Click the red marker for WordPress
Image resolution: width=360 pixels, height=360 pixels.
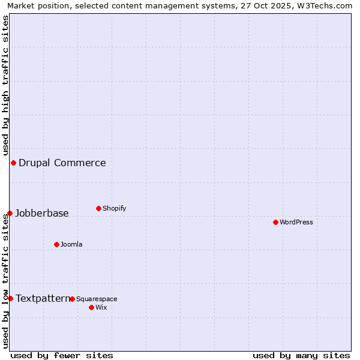(x=275, y=222)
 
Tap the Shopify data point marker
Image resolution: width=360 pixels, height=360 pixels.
(x=98, y=208)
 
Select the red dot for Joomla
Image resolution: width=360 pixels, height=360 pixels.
(x=56, y=244)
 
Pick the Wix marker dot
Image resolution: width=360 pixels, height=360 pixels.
(x=91, y=307)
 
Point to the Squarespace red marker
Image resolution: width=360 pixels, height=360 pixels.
(x=72, y=299)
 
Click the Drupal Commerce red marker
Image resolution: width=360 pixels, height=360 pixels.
(x=13, y=163)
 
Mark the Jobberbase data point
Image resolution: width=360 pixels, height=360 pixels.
(x=10, y=213)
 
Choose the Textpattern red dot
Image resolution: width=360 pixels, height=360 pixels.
(x=10, y=298)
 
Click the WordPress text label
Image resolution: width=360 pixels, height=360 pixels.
(x=296, y=222)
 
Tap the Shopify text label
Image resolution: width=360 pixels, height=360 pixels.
(x=115, y=208)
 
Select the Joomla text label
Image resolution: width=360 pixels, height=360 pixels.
(x=71, y=244)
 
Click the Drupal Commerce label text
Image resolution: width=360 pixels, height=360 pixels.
(x=62, y=163)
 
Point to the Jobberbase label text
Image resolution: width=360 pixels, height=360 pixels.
(x=42, y=213)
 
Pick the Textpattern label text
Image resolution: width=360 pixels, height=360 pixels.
(x=43, y=298)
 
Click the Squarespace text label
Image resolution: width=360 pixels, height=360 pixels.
(x=97, y=299)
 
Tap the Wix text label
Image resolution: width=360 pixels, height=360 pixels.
(x=101, y=307)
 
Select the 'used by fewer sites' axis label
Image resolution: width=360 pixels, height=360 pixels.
(x=62, y=355)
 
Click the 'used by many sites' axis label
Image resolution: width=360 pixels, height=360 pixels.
(x=301, y=355)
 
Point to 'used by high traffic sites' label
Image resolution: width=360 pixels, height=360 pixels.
(x=5, y=85)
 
